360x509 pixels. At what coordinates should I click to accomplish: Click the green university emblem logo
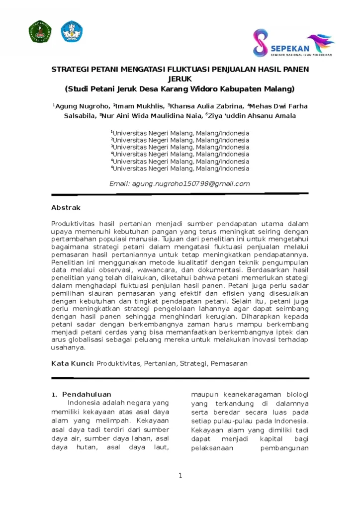[x=40, y=32]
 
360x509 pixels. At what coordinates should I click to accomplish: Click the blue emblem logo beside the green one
[x=72, y=31]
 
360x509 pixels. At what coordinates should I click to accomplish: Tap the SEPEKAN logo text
[x=290, y=48]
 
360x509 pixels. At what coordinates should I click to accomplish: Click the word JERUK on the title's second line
[x=180, y=79]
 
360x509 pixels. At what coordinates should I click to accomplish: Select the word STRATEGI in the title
[x=69, y=69]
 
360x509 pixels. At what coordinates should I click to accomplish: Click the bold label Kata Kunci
[x=73, y=364]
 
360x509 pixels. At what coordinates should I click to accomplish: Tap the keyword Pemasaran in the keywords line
[x=229, y=364]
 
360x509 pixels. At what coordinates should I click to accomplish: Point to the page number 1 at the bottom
[x=180, y=476]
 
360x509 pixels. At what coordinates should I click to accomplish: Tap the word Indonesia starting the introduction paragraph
[x=84, y=403]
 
